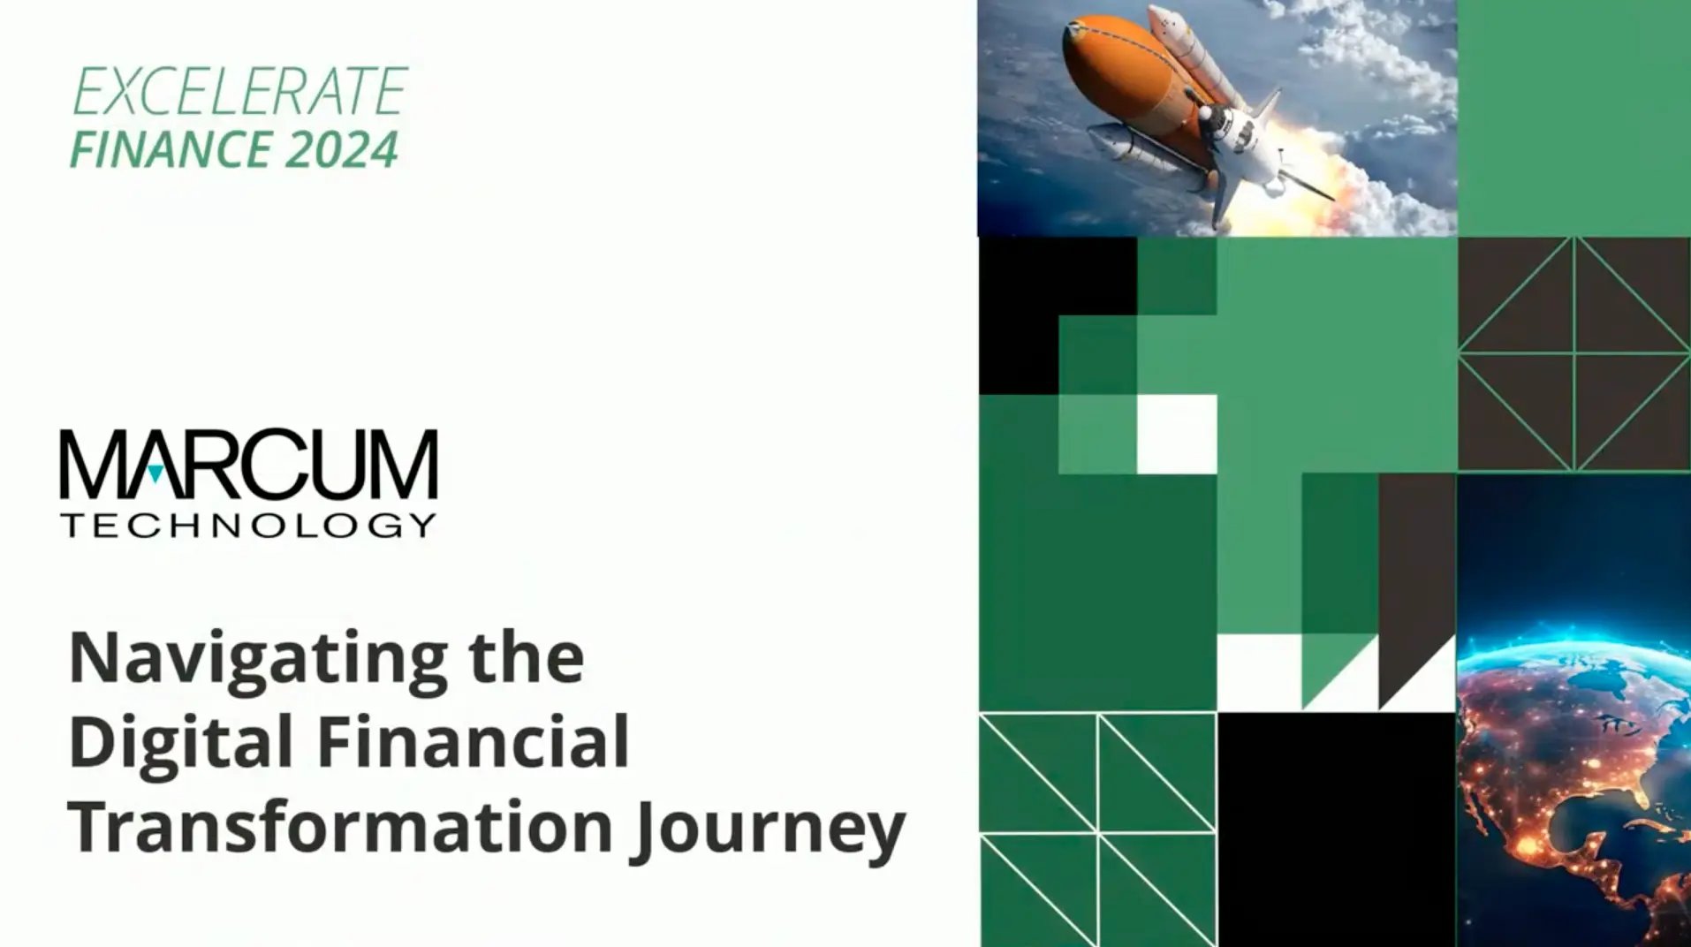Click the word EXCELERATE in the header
pos(239,92)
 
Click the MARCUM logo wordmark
pos(248,464)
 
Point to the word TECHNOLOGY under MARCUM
pos(248,526)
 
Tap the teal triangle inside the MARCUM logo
pos(155,473)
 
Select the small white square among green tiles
pos(1177,434)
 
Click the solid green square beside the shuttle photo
pos(1573,118)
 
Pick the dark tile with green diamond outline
pos(1573,354)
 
